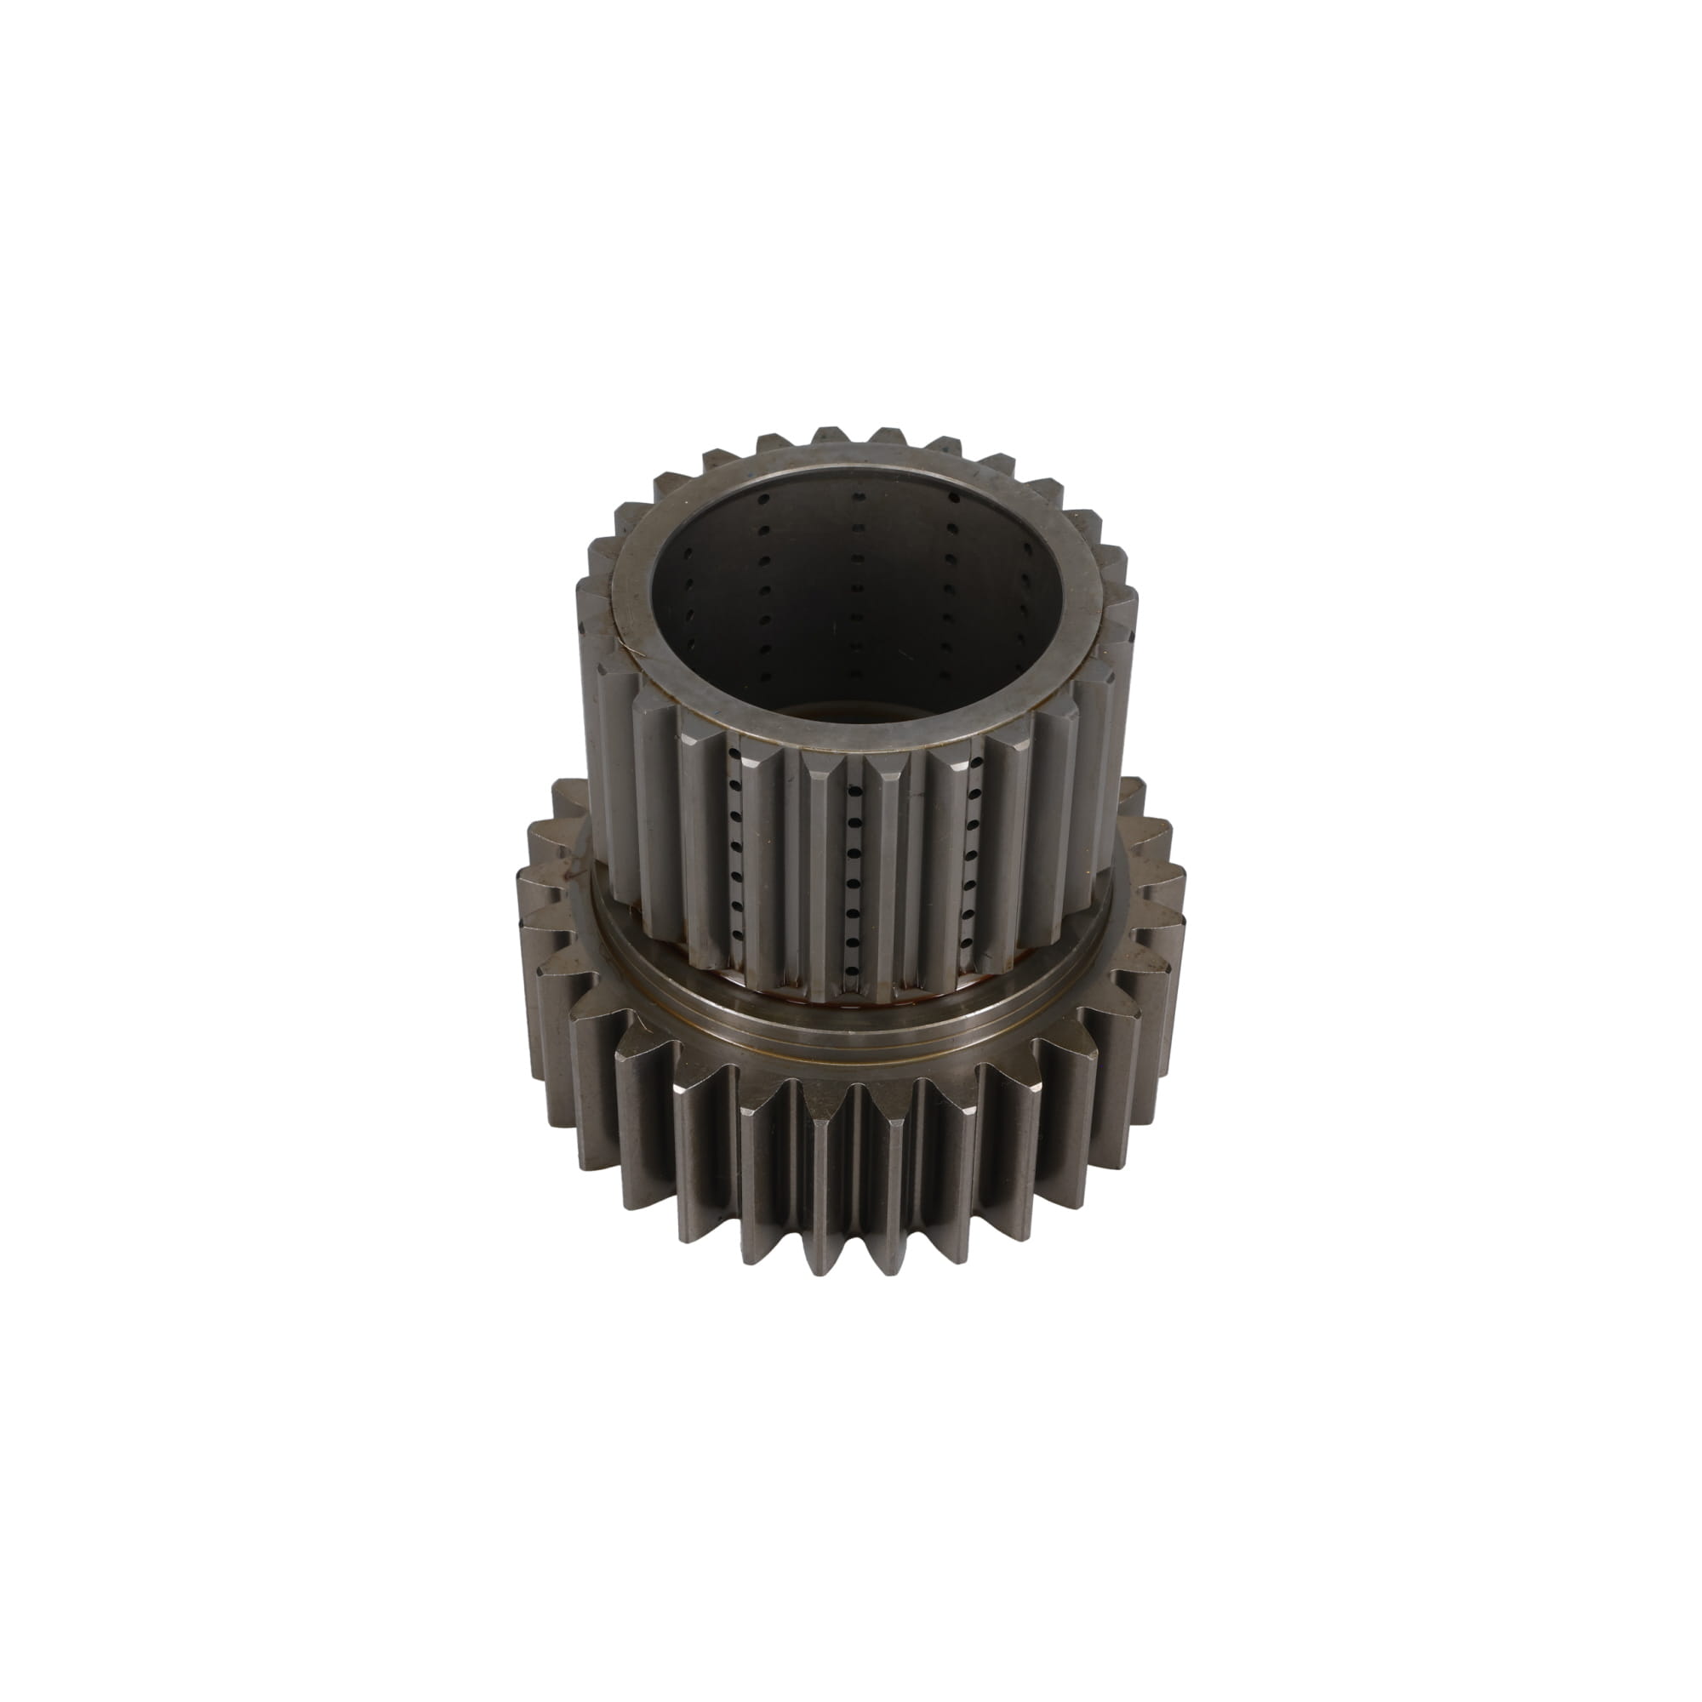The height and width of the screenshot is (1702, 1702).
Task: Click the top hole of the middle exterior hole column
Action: coord(852,764)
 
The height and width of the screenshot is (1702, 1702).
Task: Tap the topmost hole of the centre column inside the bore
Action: coord(854,498)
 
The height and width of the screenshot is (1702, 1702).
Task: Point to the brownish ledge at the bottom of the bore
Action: coord(846,709)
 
